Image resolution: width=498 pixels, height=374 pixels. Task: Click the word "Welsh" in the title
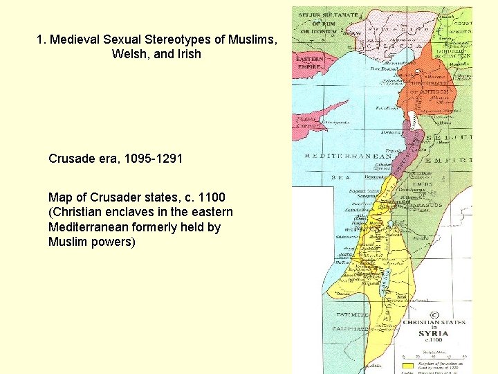point(129,54)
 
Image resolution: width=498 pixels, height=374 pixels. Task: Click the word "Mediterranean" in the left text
point(91,227)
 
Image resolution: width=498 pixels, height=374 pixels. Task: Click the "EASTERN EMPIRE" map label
point(309,64)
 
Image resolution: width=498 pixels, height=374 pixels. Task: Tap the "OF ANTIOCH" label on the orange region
point(430,91)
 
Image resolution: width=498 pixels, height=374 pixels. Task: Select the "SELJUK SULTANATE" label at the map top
point(327,15)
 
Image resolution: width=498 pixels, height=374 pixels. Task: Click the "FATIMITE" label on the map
point(349,314)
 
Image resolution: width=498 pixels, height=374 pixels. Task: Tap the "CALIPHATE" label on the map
point(351,329)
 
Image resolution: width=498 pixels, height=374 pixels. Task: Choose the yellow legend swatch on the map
point(409,364)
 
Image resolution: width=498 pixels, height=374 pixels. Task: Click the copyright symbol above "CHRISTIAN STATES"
point(434,313)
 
